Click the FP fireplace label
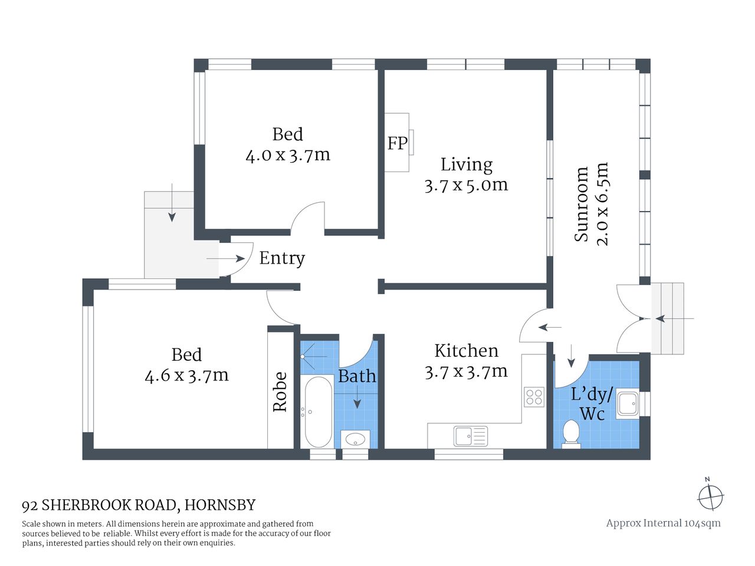coord(397,143)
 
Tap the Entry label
coord(282,258)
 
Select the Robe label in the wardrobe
coord(280,391)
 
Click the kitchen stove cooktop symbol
coord(534,397)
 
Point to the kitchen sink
coord(470,436)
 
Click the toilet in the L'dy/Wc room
coord(570,433)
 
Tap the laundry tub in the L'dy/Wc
coord(627,404)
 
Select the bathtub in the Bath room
coord(318,412)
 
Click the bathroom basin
coord(355,439)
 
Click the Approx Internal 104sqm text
coord(663,523)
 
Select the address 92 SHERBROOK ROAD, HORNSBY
coord(139,505)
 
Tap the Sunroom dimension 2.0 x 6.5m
coord(602,204)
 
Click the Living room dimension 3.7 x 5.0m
coord(466,185)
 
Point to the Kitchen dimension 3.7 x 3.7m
coord(466,371)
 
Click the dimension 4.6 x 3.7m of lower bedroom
coord(186,375)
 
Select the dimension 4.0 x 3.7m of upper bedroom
coord(288,155)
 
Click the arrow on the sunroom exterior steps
coord(674,319)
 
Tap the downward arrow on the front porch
coord(171,203)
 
